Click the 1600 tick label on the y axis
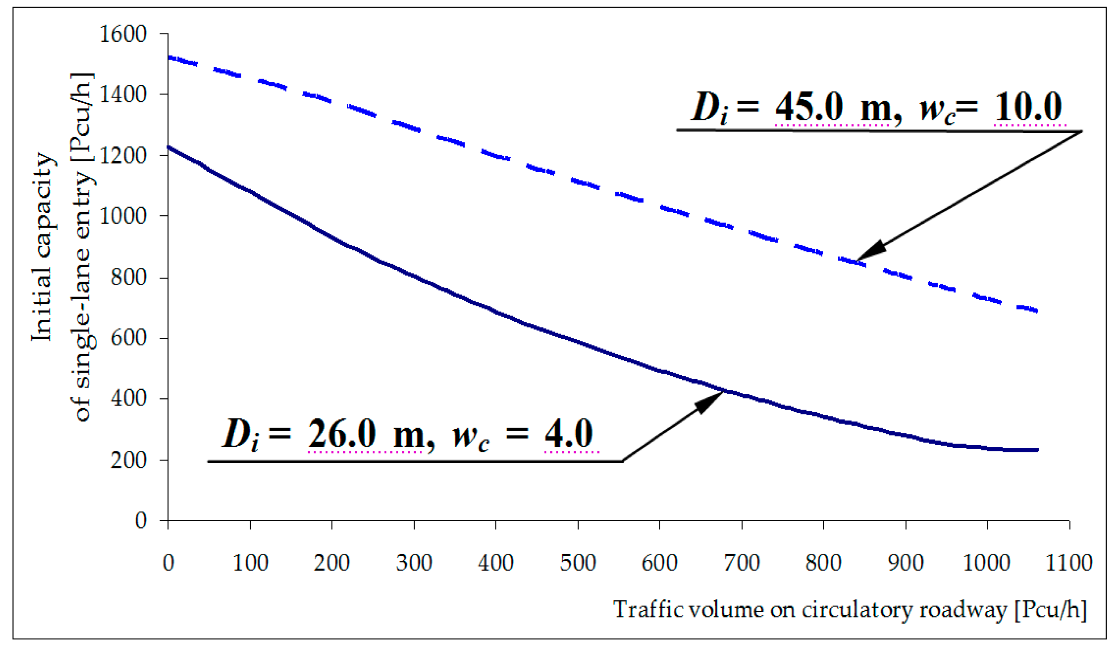pos(123,34)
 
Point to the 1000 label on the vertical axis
pos(123,217)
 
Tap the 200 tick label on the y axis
pos(128,460)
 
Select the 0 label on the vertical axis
pos(141,520)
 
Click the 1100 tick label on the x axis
pos(1069,563)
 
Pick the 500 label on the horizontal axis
pos(578,563)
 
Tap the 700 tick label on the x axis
pos(742,563)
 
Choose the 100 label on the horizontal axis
pos(250,563)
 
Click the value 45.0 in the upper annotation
pos(809,108)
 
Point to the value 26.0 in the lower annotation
pos(342,434)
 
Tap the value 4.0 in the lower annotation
pos(569,434)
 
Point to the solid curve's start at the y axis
pos(169,148)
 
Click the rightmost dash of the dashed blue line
pos(1027,309)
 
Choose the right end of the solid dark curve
pos(1037,450)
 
